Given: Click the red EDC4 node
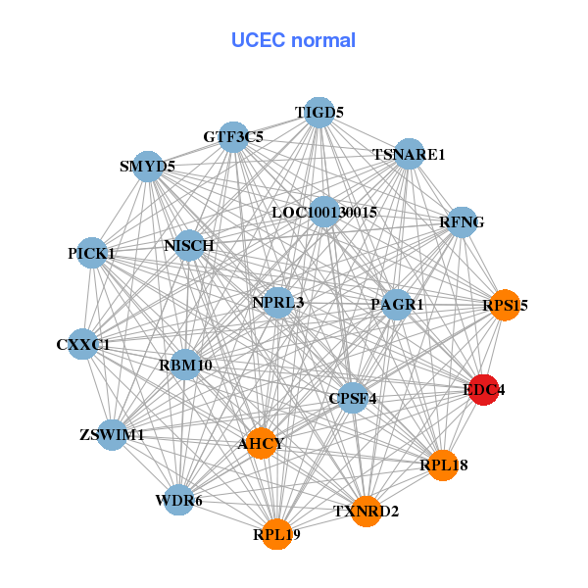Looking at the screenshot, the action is [483, 390].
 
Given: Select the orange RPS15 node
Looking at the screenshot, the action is [504, 305].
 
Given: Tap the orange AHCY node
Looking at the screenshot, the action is [261, 443].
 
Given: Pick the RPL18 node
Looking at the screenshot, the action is [444, 465].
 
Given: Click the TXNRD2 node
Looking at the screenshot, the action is [366, 511].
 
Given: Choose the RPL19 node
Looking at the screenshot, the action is [276, 534].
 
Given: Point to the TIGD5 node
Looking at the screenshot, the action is [319, 113].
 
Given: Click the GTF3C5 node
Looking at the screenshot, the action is [233, 137].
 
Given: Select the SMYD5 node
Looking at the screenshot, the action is [148, 166].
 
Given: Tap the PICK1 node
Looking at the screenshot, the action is [92, 253].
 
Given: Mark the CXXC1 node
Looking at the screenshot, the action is [83, 344].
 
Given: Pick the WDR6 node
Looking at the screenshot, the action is [178, 501].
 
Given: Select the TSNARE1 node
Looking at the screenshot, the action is [409, 154].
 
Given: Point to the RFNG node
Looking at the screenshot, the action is [462, 221].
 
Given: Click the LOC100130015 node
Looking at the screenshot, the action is [324, 212].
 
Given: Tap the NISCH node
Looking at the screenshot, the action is [189, 244].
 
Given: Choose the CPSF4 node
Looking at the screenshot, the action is [353, 398].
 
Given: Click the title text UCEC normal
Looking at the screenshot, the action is [293, 40].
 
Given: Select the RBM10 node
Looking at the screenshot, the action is [185, 366].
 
